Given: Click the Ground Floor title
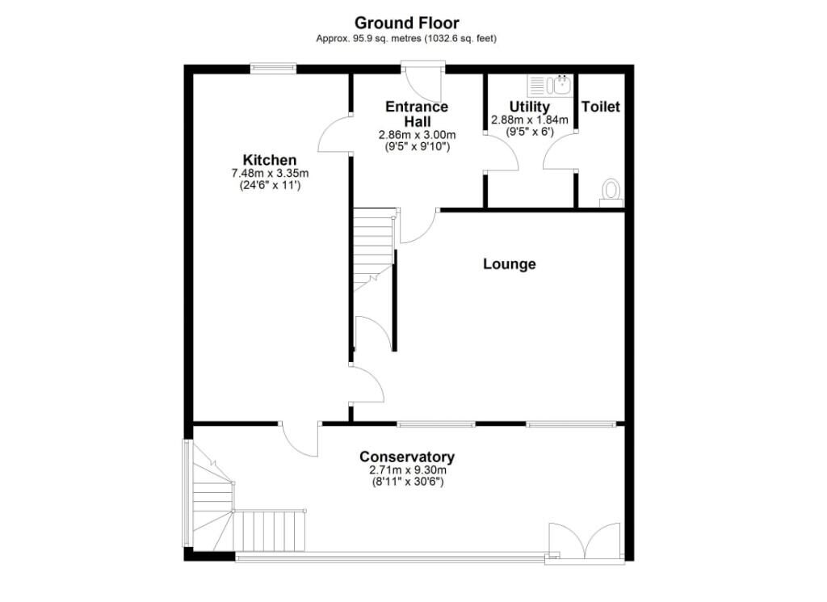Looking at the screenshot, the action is pyautogui.click(x=407, y=23).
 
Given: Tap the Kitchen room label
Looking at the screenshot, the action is pyautogui.click(x=270, y=160).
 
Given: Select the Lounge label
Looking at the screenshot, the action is pyautogui.click(x=510, y=263).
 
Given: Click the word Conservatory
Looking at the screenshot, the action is pyautogui.click(x=407, y=457).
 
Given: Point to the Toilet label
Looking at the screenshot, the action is pyautogui.click(x=601, y=107).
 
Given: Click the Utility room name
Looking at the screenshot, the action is pyautogui.click(x=530, y=107).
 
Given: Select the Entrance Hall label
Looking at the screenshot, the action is pyautogui.click(x=417, y=114).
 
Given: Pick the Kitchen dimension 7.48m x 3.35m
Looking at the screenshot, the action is pyautogui.click(x=270, y=173).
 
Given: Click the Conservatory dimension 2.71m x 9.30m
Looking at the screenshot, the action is pyautogui.click(x=407, y=469).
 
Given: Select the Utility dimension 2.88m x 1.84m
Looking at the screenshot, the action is pyautogui.click(x=530, y=120).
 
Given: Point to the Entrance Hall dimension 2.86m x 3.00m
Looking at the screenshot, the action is pyautogui.click(x=417, y=135).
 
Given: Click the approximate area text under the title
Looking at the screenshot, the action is pyautogui.click(x=406, y=39).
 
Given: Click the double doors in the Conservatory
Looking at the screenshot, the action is pyautogui.click(x=585, y=541).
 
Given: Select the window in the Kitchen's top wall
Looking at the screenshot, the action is pyautogui.click(x=273, y=68).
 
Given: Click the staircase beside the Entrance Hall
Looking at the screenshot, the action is pyautogui.click(x=374, y=250).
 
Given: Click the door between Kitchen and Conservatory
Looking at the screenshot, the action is pyautogui.click(x=299, y=439).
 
